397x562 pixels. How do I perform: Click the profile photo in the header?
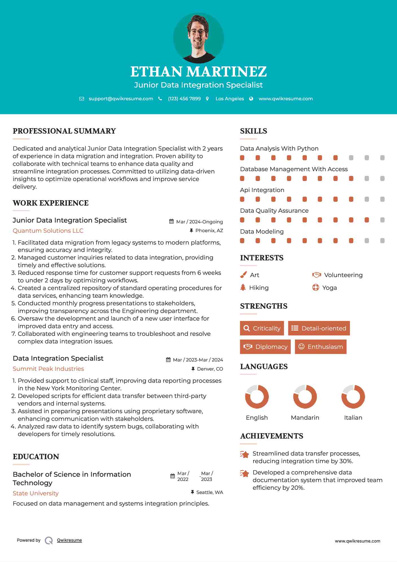[x=198, y=38]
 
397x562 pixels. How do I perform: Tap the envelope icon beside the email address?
[x=82, y=99]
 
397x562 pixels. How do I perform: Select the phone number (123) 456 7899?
[x=184, y=99]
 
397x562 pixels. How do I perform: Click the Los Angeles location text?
[x=230, y=99]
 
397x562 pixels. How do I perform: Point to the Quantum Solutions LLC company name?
[x=48, y=231]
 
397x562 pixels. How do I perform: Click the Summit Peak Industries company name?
[x=48, y=369]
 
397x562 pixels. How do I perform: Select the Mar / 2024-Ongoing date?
[x=199, y=222]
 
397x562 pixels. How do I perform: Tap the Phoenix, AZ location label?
[x=209, y=231]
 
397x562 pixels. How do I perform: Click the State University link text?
[x=36, y=493]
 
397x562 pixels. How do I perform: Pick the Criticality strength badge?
[x=262, y=328]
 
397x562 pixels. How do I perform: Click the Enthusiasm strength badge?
[x=321, y=347]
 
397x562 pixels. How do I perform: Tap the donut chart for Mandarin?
[x=305, y=397]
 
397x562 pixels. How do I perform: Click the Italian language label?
[x=353, y=418]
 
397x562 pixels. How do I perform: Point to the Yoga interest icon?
[x=315, y=287]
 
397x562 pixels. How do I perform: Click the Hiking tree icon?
[x=243, y=287]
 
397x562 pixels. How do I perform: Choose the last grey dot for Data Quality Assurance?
[x=382, y=220]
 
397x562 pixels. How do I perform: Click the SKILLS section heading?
[x=253, y=131]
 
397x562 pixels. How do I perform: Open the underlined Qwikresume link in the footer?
[x=69, y=540]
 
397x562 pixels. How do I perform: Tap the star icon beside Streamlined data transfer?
[x=245, y=454]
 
